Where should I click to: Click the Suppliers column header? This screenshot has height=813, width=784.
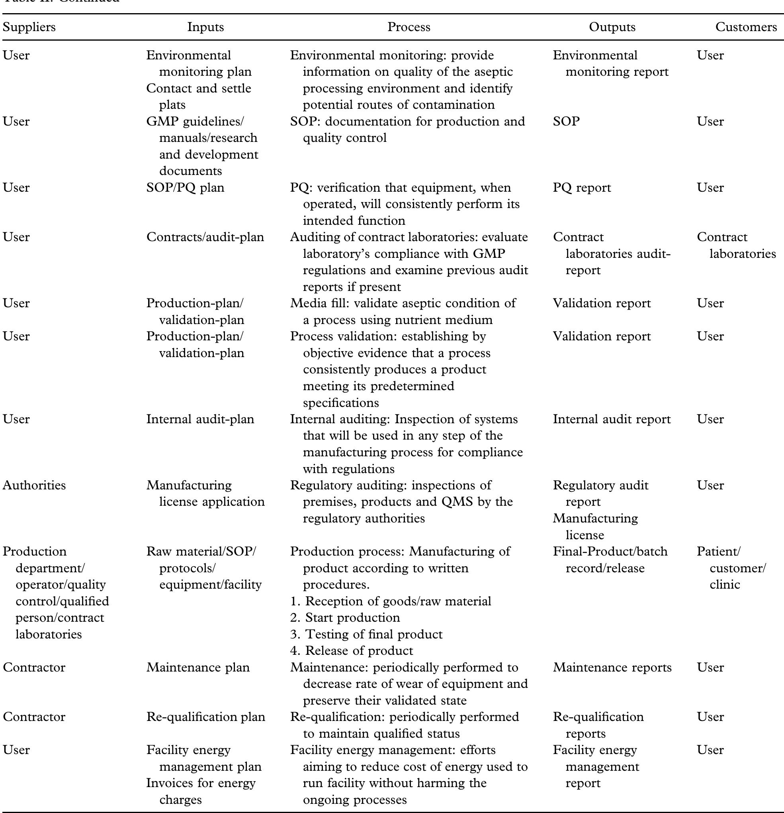point(29,27)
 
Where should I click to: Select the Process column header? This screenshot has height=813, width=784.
point(409,27)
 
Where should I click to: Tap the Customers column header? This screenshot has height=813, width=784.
point(746,27)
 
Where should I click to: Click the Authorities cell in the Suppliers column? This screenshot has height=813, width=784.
point(34,485)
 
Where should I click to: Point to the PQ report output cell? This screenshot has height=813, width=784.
point(582,187)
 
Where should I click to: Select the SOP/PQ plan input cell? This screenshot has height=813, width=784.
point(185,187)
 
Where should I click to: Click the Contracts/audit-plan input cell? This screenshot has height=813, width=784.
point(205,237)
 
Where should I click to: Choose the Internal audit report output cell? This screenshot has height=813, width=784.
point(612,419)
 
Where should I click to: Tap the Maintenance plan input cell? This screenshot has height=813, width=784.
point(198,667)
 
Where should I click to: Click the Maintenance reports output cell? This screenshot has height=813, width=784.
point(612,667)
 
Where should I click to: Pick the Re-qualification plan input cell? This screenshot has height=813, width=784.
point(205,717)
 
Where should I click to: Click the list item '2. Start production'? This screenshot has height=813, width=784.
point(345,618)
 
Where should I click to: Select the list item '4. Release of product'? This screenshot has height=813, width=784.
point(352,650)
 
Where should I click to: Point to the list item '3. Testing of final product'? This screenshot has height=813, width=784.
point(366,634)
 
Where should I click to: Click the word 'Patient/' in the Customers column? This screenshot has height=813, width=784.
point(719,551)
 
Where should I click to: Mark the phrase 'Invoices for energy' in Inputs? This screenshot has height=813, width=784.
point(201,783)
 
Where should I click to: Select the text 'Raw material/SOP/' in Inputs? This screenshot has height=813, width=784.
point(201,551)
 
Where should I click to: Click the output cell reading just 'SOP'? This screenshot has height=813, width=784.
point(566,121)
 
